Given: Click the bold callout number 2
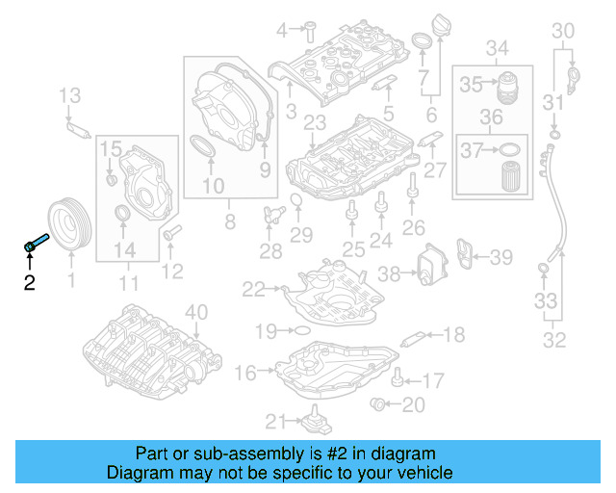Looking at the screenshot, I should pos(29,282).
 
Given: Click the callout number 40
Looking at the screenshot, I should pos(196,311).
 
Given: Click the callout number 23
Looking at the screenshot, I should pos(315,122).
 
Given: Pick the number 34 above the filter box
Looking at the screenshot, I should pos(497,47).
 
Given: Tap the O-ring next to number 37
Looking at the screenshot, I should pos(512,149).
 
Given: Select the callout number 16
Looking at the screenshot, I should pos(245,372).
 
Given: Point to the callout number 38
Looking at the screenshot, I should pos(388,273).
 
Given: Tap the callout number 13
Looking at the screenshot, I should pos(69,94).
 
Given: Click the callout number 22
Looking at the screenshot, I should pos(253,288).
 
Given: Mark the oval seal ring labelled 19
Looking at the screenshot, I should pos(298,331).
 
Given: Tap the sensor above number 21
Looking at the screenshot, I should pos(312,420).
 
